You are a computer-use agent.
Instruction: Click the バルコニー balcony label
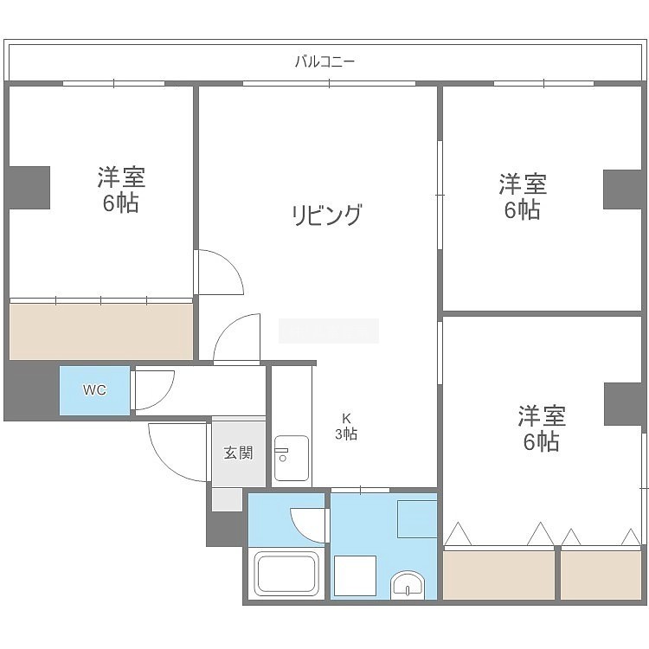324,62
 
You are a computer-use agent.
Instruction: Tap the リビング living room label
327,215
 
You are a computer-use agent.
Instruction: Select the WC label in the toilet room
94,390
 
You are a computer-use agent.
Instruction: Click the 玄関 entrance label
238,453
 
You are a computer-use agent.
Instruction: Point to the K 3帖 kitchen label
346,427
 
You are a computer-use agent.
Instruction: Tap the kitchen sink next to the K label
292,458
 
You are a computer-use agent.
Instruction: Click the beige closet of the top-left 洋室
101,331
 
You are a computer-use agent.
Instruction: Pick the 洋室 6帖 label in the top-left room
121,190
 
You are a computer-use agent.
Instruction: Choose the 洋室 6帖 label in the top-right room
523,196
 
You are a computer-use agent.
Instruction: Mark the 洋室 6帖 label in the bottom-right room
542,428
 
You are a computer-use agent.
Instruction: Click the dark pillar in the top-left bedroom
28,188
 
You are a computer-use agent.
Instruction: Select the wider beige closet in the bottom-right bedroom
498,575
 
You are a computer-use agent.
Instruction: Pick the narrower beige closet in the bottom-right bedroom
601,575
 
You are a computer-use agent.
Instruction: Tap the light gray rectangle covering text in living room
329,331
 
